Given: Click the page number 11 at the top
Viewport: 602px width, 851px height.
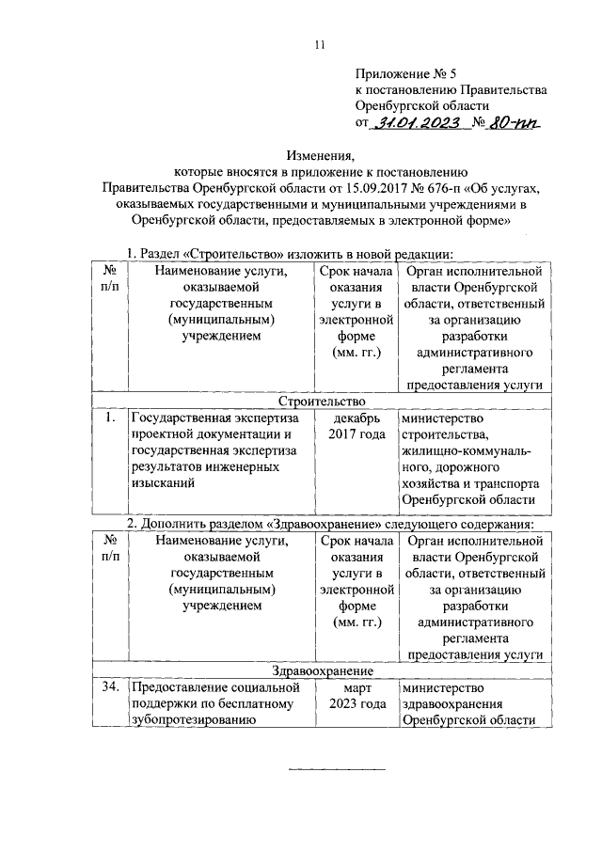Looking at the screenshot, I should [320, 43].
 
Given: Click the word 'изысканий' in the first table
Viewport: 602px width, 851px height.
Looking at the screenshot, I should [163, 484].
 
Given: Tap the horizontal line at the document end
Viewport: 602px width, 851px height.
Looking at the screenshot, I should [336, 770].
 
